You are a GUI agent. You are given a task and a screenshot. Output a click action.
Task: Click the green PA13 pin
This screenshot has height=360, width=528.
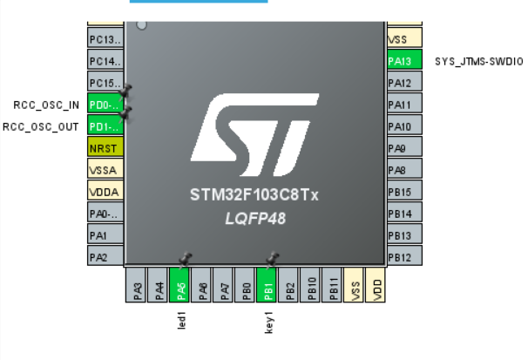[x=404, y=61]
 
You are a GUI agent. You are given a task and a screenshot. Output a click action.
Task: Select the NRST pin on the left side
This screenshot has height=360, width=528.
[x=105, y=147]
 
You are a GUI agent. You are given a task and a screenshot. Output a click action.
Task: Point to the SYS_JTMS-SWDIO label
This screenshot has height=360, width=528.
[x=479, y=61]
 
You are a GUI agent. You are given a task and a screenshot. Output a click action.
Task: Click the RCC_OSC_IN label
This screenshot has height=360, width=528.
[x=46, y=105]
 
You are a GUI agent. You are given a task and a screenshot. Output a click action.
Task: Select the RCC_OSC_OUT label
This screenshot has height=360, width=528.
[x=42, y=126]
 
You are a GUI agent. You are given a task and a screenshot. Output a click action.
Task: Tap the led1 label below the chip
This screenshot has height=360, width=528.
[x=181, y=320]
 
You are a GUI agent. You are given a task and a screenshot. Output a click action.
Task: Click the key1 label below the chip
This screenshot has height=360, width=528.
[x=268, y=321]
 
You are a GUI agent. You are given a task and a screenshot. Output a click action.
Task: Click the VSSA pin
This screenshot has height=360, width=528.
[x=105, y=169]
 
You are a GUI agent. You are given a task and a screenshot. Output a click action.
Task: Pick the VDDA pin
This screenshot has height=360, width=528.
[x=105, y=191]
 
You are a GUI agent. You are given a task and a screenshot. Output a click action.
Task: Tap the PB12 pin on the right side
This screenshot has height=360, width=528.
[x=404, y=256]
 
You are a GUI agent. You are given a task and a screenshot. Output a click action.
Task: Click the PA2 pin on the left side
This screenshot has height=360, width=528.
[x=105, y=256]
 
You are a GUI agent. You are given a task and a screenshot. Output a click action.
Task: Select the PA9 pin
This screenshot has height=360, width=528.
[x=404, y=148]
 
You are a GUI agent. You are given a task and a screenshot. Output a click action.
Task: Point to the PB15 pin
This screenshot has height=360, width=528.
[x=404, y=192]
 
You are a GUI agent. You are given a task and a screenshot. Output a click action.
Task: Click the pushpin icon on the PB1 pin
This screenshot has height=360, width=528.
[x=273, y=259]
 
